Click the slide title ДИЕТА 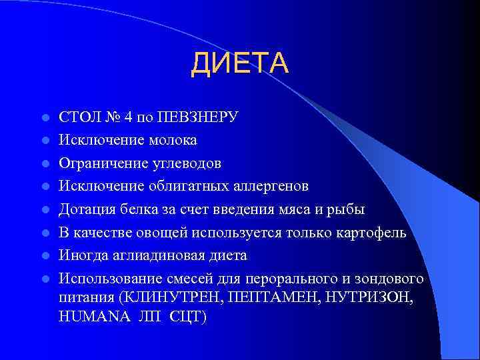(240, 64)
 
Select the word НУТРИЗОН (369, 298)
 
